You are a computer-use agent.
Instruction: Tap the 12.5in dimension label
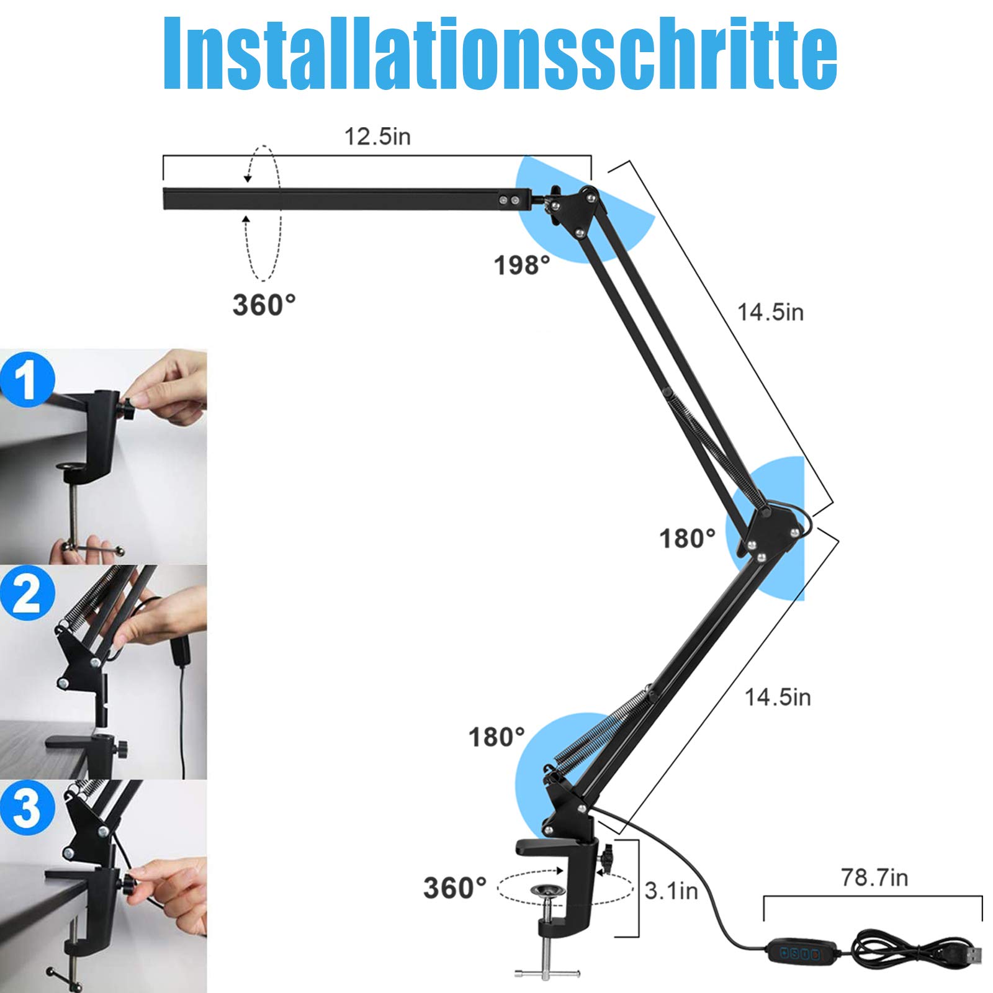click(377, 137)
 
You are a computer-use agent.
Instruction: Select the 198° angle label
click(522, 266)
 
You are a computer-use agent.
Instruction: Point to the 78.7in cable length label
click(874, 877)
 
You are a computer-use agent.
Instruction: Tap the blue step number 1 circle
click(27, 380)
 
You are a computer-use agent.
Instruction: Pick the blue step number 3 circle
click(27, 809)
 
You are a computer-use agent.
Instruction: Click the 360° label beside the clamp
click(455, 888)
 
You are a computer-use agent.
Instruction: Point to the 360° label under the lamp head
click(264, 305)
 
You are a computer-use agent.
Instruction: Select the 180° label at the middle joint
click(687, 538)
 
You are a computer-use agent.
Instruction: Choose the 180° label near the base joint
click(496, 737)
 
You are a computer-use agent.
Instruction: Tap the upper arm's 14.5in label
click(770, 312)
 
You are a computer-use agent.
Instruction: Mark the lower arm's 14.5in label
click(778, 697)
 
